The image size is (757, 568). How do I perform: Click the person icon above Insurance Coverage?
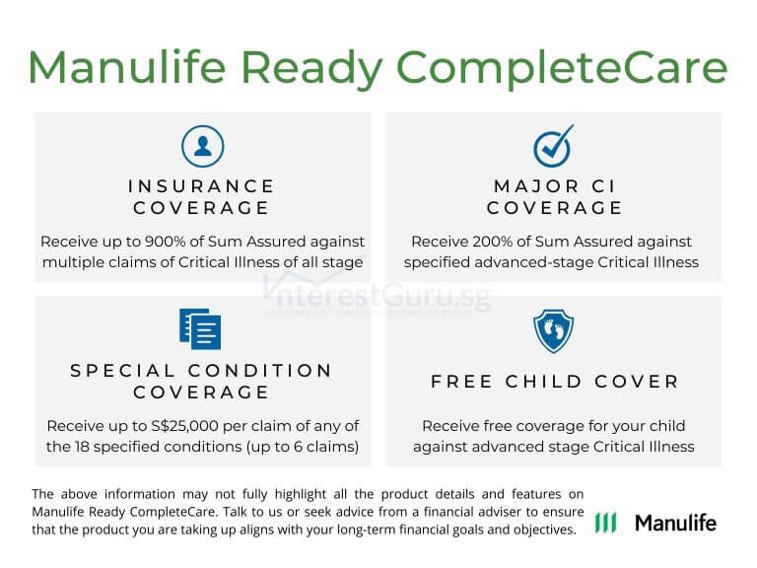(203, 146)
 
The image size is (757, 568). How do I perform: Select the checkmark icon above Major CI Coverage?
(553, 146)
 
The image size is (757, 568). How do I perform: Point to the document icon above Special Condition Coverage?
(201, 329)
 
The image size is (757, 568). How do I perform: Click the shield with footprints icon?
(553, 331)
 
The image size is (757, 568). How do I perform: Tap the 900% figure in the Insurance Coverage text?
(160, 242)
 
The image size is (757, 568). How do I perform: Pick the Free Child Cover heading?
(554, 382)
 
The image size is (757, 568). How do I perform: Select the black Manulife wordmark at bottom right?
(675, 523)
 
